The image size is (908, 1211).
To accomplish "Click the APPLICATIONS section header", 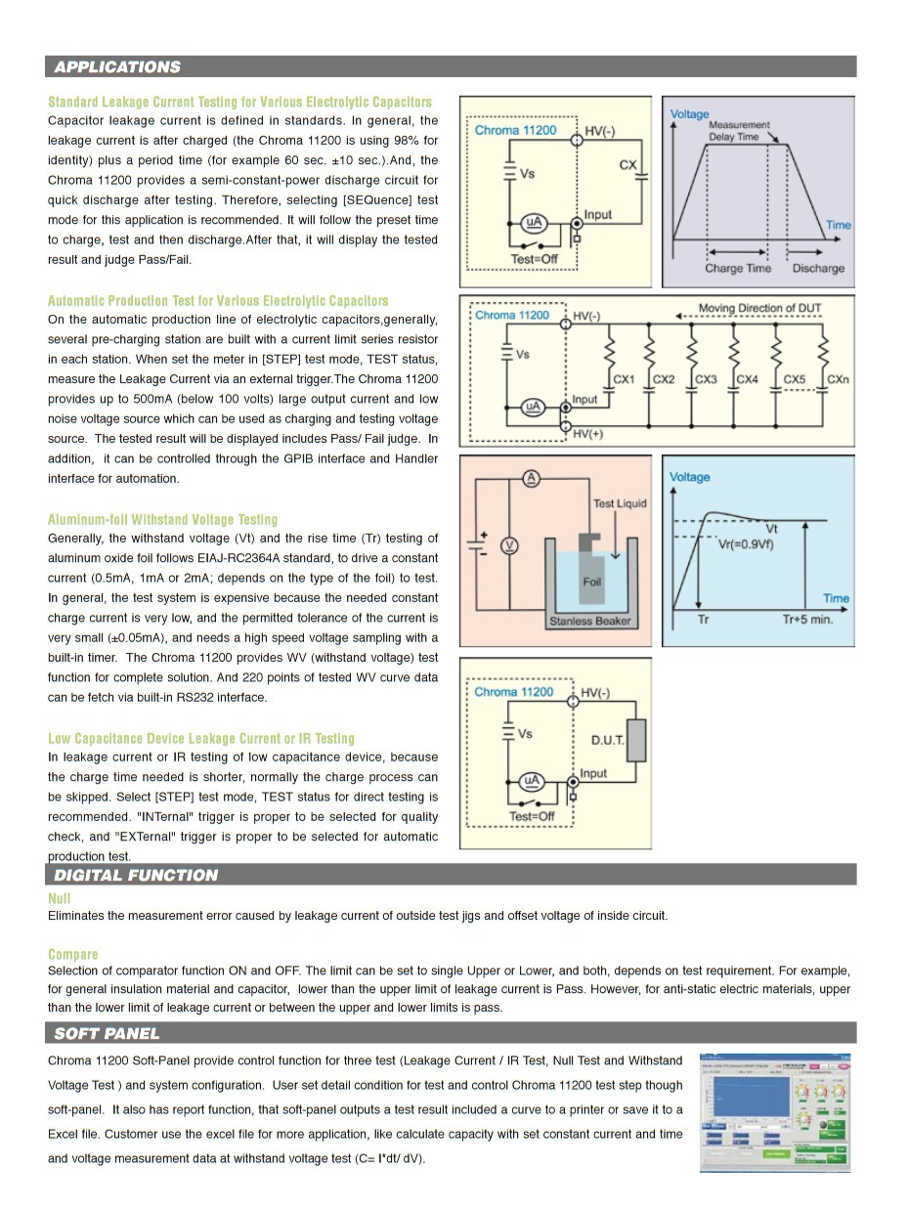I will coord(117,66).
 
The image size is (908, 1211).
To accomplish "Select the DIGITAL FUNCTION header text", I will coord(136,875).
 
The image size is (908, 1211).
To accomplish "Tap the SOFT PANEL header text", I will coord(107,1033).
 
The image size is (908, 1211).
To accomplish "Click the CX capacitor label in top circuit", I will coord(628,165).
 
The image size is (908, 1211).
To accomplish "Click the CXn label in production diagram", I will coord(838,379).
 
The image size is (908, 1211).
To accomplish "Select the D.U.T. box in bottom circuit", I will coord(635,740).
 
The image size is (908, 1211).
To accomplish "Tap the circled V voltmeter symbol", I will coord(508,544).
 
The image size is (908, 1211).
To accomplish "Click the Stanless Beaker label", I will coord(590,621).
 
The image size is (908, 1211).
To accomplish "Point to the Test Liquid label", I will coord(620,503).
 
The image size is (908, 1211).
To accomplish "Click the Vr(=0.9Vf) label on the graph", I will coord(746,544).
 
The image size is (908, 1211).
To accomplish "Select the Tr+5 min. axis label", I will coord(807,620).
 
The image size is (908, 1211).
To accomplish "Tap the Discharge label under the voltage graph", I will coord(817,269).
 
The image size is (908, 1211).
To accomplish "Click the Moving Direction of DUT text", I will coord(759,309).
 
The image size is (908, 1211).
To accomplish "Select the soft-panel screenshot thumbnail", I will coord(775,1111).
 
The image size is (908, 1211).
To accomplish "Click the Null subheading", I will coord(60,898).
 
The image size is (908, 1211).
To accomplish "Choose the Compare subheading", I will coord(73,954).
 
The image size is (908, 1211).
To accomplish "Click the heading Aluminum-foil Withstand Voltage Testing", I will coord(163,520).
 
